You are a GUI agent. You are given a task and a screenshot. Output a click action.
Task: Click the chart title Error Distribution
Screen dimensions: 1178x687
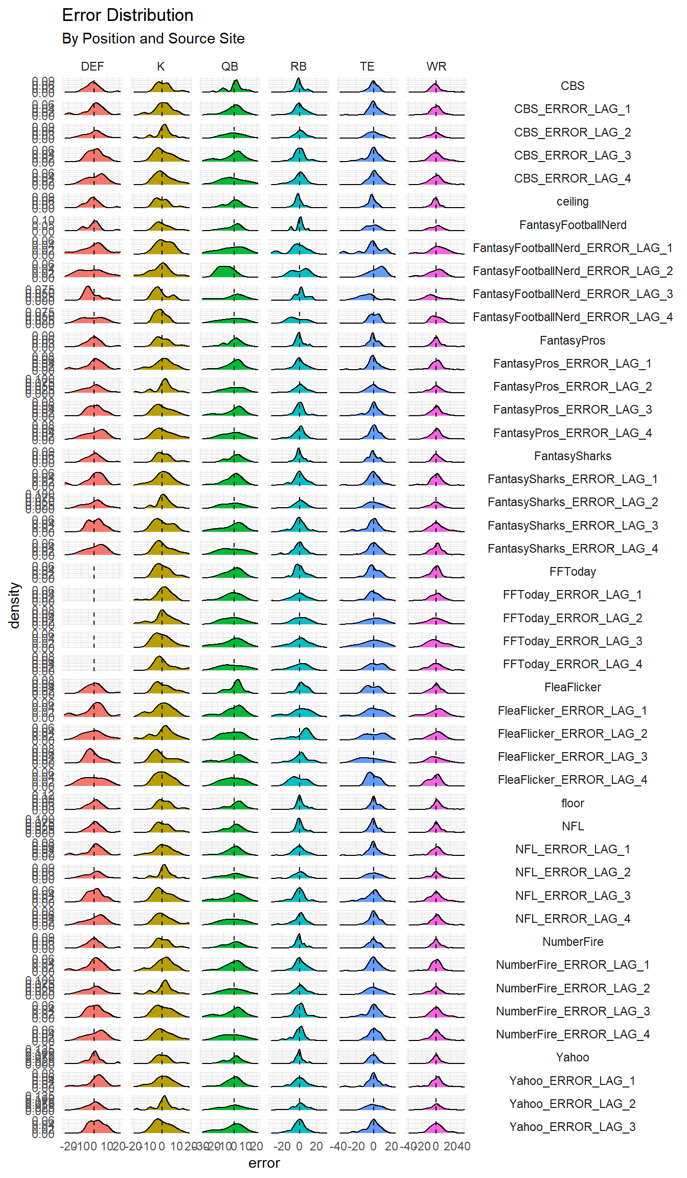127,15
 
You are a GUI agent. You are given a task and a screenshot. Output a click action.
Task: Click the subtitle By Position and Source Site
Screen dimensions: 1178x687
153,39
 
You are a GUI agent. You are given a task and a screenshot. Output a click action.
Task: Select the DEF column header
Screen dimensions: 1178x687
92,66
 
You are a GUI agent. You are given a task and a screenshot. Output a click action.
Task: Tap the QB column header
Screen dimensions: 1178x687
230,66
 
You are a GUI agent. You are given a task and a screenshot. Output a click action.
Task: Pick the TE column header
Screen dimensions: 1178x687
367,66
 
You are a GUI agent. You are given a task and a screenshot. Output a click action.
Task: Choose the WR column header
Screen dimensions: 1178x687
436,66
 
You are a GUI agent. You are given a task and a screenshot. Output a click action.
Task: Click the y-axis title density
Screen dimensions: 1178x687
14,605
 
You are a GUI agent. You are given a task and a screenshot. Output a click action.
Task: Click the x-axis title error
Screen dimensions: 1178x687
264,1163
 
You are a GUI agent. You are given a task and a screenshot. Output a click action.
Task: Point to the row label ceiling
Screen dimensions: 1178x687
572,201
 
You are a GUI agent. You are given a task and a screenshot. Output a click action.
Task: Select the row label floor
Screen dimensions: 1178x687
572,803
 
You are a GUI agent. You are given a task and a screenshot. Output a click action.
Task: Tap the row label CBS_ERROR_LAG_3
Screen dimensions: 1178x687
572,155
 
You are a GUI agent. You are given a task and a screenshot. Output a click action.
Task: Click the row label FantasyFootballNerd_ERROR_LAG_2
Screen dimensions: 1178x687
572,271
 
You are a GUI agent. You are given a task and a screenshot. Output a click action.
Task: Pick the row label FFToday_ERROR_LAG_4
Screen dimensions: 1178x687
572,664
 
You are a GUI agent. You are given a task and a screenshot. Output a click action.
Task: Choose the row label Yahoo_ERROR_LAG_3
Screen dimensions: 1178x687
572,1127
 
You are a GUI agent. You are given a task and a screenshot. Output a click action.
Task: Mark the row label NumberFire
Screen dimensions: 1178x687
572,942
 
